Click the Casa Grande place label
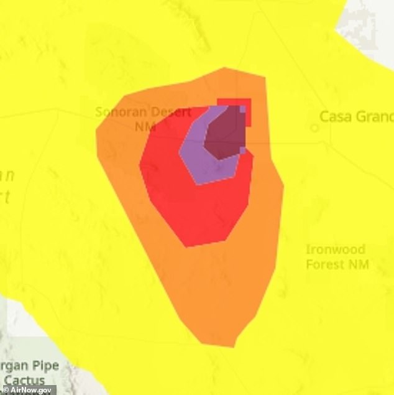(356, 116)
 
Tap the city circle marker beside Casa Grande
(315, 128)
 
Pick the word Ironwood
(335, 250)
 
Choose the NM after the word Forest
(359, 264)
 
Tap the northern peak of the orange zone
(224, 68)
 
